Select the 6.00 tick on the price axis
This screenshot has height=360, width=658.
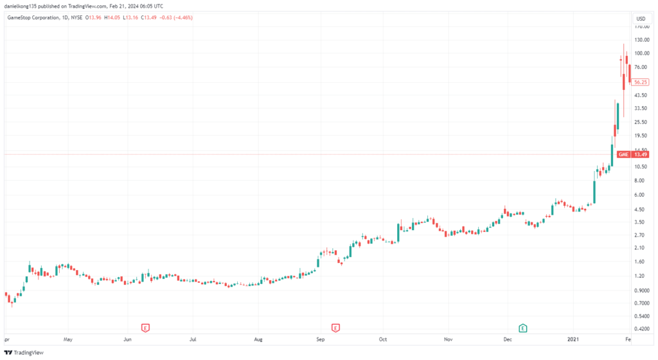[639, 195]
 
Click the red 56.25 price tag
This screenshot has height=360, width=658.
[639, 82]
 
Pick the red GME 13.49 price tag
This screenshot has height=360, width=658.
[632, 154]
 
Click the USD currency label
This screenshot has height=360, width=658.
[640, 18]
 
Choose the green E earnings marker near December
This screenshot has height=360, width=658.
[523, 328]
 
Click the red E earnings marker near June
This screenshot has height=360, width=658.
[146, 328]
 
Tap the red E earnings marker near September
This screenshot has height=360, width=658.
[335, 328]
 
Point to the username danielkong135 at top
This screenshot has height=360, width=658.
[22, 5]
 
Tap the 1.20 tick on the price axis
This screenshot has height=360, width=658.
[639, 276]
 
